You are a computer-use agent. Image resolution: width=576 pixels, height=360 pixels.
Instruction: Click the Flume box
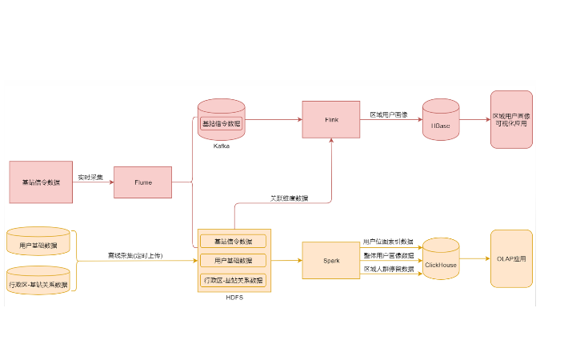pyautogui.click(x=142, y=182)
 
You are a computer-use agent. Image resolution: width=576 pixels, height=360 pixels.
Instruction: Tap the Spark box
pyautogui.click(x=331, y=260)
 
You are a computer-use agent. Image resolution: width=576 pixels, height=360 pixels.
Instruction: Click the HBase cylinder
pyautogui.click(x=440, y=121)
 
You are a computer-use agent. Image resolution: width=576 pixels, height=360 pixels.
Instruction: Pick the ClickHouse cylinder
pyautogui.click(x=441, y=259)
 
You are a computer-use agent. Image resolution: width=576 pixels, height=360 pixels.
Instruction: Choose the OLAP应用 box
pyautogui.click(x=511, y=258)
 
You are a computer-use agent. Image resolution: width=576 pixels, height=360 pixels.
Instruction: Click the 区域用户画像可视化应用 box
pyautogui.click(x=511, y=119)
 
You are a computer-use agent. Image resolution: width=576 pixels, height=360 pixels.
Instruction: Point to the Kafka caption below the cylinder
pyautogui.click(x=222, y=146)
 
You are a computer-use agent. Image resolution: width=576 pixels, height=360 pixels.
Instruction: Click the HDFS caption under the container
pyautogui.click(x=234, y=298)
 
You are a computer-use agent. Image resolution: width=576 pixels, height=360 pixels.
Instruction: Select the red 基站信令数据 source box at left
pyautogui.click(x=41, y=182)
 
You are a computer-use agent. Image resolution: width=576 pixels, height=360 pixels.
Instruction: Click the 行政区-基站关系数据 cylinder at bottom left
pyautogui.click(x=38, y=281)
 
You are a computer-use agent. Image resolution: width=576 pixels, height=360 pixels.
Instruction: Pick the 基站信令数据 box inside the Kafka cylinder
pyautogui.click(x=222, y=124)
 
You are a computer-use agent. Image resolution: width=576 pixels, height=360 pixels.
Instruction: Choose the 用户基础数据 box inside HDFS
pyautogui.click(x=234, y=261)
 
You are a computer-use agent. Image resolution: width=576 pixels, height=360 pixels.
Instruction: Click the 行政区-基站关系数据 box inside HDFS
pyautogui.click(x=234, y=280)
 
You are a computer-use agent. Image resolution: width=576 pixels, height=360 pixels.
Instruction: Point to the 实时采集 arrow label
pyautogui.click(x=90, y=177)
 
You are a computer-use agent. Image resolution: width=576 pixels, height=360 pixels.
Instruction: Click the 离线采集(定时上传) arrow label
pyautogui.click(x=136, y=255)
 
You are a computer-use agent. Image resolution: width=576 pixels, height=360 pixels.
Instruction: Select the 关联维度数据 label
pyautogui.click(x=289, y=198)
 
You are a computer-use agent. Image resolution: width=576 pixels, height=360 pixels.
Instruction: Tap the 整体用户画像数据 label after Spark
pyautogui.click(x=389, y=256)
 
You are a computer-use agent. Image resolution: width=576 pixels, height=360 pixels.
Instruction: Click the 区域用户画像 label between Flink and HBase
pyautogui.click(x=389, y=114)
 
